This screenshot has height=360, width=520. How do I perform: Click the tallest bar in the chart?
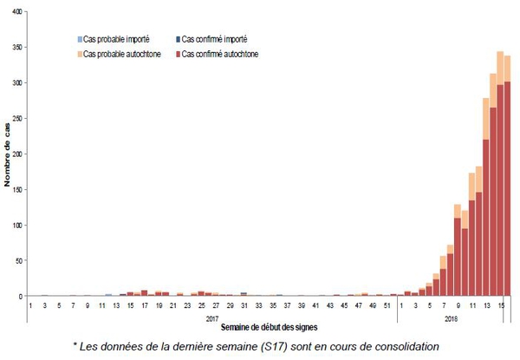coord(500,173)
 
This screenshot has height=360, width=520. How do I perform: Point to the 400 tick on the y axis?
coord(18,11)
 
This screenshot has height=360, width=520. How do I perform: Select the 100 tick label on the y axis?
coord(18,226)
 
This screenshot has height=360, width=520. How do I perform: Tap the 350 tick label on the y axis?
coord(18,47)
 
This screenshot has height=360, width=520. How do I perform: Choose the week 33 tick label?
coord(257,305)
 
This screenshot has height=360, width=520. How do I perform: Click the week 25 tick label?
coord(201,305)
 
